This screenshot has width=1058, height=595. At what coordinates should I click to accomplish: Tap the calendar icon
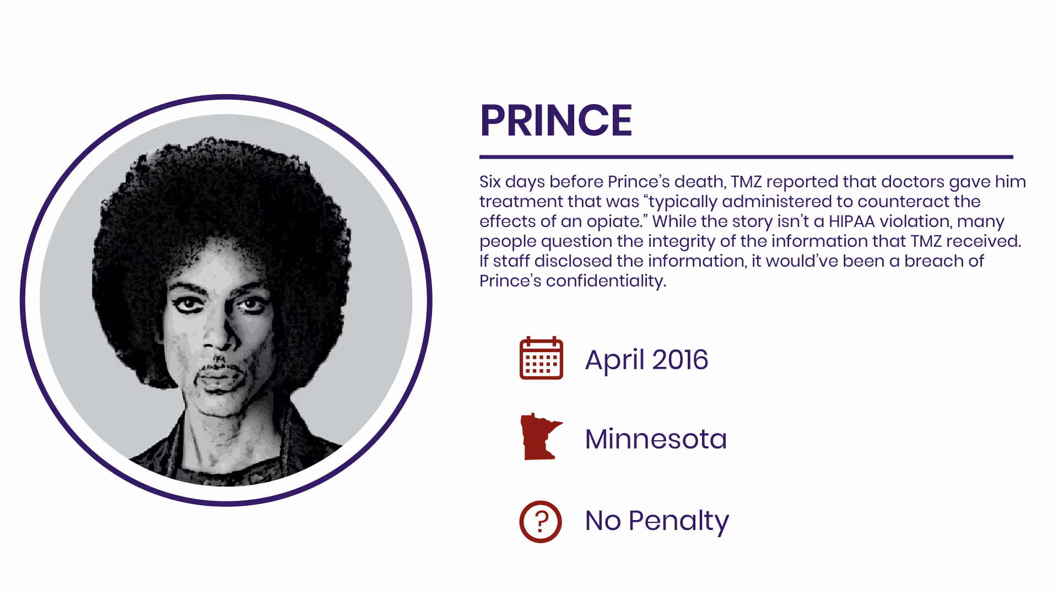click(541, 359)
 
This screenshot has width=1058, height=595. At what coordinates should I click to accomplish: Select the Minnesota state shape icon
click(540, 437)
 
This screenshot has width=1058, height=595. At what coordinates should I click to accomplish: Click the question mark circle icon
click(541, 521)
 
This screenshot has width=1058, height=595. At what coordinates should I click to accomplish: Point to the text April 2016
click(646, 360)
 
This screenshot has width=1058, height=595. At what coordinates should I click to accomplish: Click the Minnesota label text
click(656, 439)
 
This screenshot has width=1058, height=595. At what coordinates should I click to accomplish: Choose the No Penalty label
click(657, 521)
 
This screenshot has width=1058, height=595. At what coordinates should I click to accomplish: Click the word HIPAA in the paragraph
click(851, 221)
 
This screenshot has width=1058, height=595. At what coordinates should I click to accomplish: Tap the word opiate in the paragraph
click(614, 221)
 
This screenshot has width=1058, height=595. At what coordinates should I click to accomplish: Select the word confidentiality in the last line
click(606, 281)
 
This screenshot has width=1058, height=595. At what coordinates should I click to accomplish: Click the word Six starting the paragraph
click(490, 182)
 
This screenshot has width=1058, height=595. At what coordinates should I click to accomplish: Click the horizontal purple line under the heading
click(746, 157)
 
